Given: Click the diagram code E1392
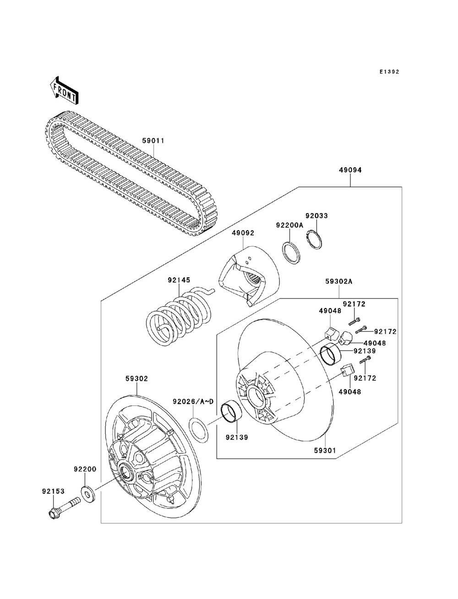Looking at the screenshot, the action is [x=389, y=72].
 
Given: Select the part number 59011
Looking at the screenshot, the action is [x=153, y=140].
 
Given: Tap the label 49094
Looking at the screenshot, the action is [x=350, y=170].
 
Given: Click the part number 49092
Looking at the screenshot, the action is [x=243, y=233].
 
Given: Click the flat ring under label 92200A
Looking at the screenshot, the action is [x=291, y=253].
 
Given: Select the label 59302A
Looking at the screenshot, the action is [x=338, y=281].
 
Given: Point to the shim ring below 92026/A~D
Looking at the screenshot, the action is [x=199, y=430].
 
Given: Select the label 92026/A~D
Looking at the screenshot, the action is [x=193, y=402].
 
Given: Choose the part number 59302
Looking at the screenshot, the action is [x=136, y=378].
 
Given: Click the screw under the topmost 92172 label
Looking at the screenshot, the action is [x=354, y=321].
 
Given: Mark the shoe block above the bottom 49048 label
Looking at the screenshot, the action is [x=348, y=370].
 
